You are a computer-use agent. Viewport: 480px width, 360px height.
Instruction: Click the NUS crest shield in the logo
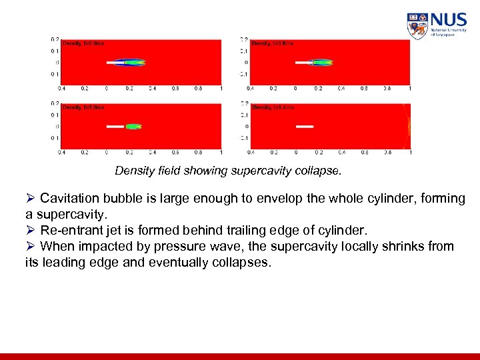click(x=417, y=26)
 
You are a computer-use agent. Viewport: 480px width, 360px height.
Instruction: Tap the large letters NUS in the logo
click(x=448, y=20)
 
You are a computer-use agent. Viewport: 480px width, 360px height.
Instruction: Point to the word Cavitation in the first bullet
click(x=71, y=199)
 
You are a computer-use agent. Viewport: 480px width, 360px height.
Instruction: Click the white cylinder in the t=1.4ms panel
click(x=305, y=126)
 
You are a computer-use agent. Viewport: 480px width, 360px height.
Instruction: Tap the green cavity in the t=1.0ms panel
click(x=134, y=126)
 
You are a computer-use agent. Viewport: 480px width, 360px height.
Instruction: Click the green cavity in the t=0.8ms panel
click(x=323, y=63)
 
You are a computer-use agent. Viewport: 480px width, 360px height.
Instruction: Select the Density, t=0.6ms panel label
click(x=83, y=43)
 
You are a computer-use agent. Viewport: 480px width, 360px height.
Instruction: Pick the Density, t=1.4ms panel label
click(x=273, y=107)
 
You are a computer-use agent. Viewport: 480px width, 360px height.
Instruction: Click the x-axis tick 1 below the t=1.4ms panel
click(x=409, y=152)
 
